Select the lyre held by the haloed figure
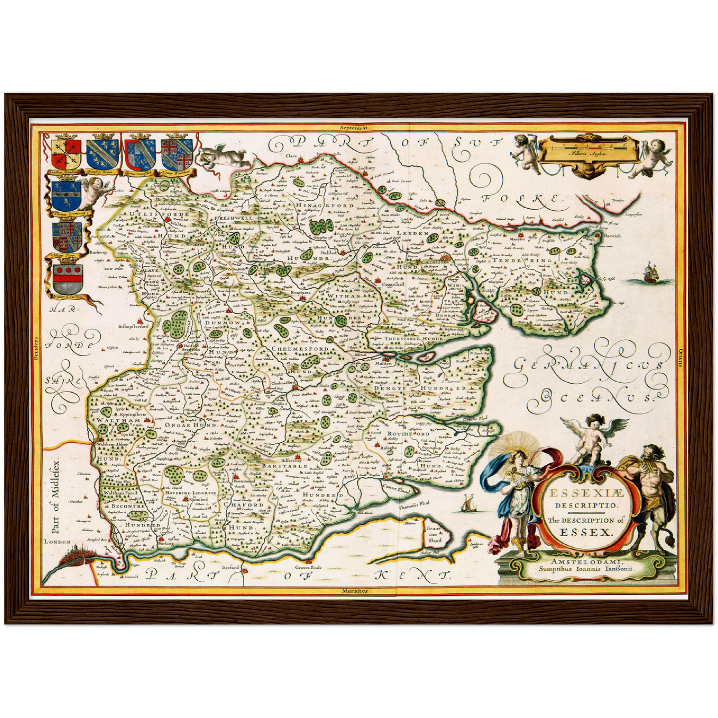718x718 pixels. click(510, 477)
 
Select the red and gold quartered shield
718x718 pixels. click(66, 153)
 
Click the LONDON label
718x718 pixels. click(57, 542)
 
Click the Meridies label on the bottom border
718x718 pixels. click(354, 591)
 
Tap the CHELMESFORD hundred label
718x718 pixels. click(300, 349)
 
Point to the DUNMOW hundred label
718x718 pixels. click(222, 322)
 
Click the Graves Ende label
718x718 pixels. click(308, 567)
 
